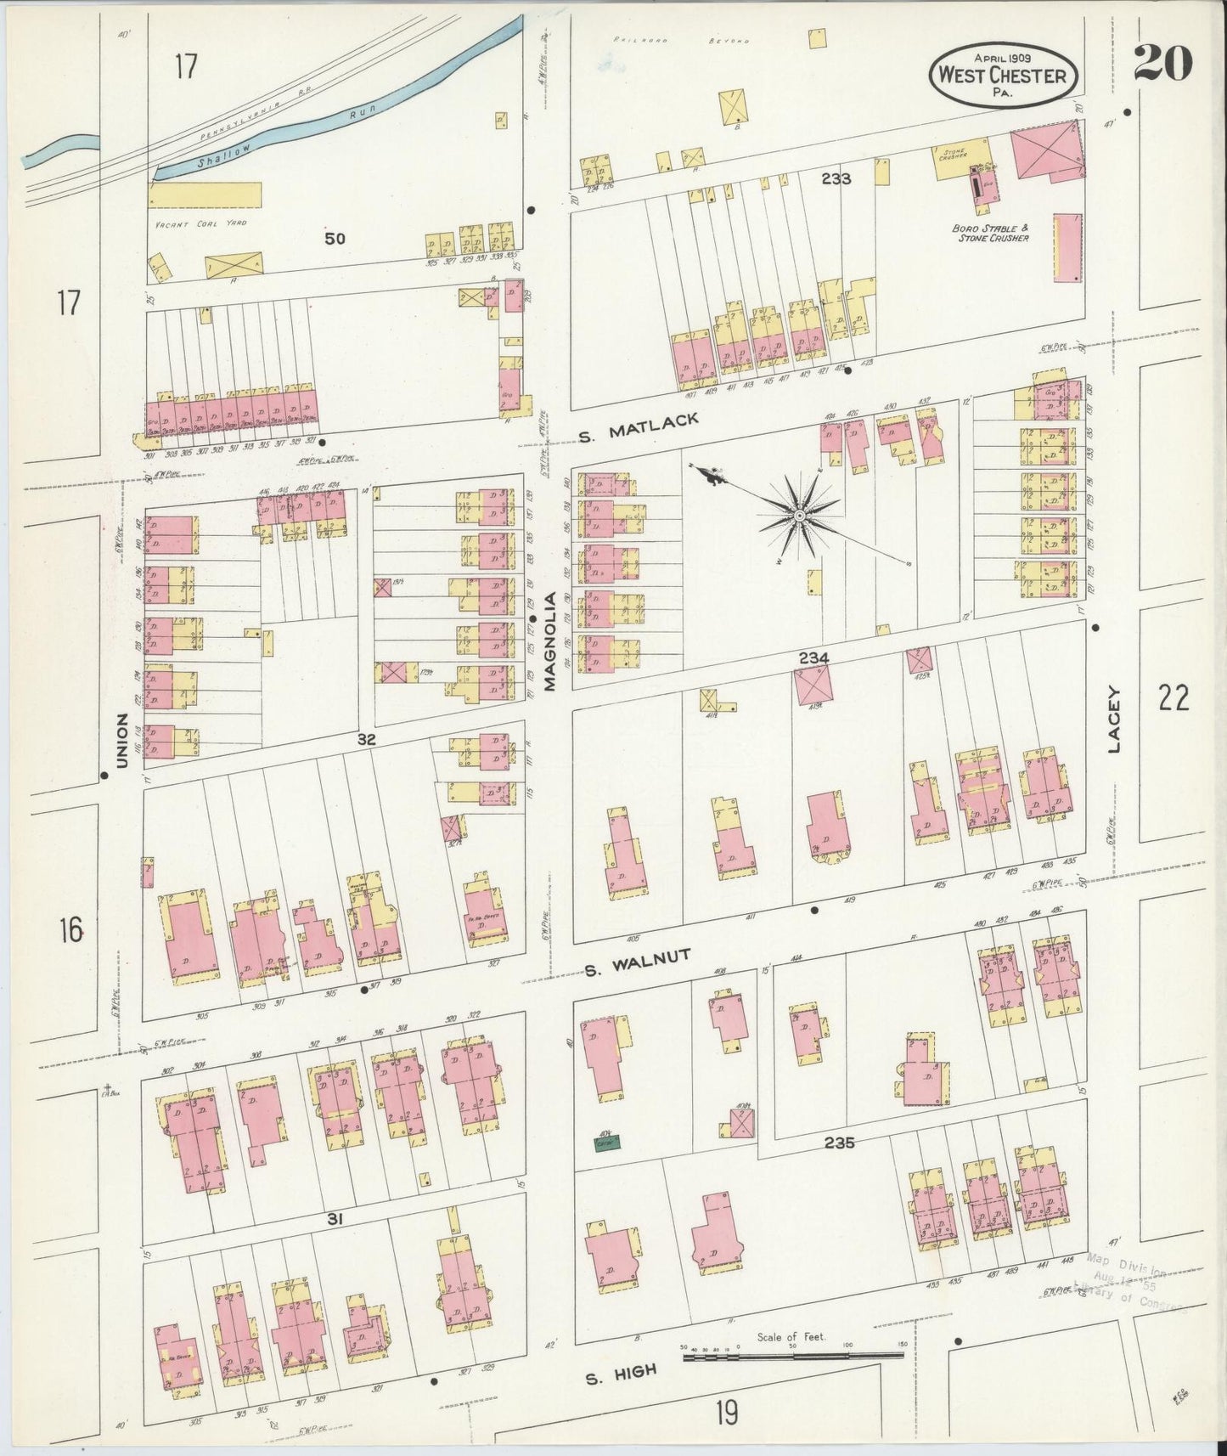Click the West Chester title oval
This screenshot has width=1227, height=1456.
point(1004,74)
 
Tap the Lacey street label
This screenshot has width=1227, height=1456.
point(1114,719)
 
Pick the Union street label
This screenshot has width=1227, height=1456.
point(121,741)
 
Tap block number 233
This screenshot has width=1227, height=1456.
point(836,178)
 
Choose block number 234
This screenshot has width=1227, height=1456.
point(813,657)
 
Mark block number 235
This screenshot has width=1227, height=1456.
point(838,1143)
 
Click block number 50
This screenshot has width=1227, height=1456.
point(335,239)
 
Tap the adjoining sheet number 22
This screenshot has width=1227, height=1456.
point(1172,698)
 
